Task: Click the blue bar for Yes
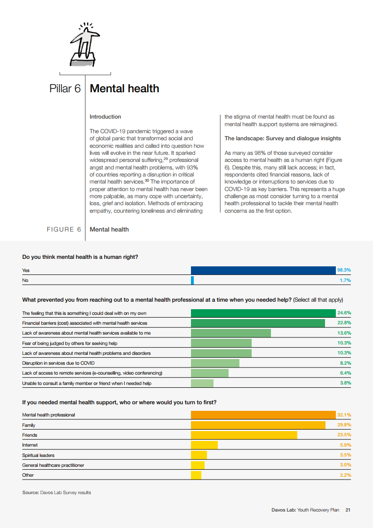(x=263, y=271)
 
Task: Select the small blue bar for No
(x=192, y=280)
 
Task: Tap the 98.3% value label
(x=344, y=271)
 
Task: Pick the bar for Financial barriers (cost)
(x=258, y=323)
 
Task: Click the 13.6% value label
(x=344, y=333)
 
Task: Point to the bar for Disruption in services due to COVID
(x=215, y=363)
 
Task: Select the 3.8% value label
(x=346, y=383)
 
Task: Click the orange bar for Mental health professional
(x=263, y=415)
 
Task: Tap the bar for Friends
(x=244, y=435)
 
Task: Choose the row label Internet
(x=30, y=445)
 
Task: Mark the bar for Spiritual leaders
(x=198, y=456)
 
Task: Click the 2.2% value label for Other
(x=346, y=475)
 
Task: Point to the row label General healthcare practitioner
(x=53, y=465)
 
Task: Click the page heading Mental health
(x=124, y=88)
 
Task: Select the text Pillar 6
(x=65, y=88)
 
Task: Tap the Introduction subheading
(x=105, y=117)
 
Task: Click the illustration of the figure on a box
(x=85, y=45)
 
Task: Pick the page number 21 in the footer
(x=348, y=510)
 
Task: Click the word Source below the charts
(x=30, y=493)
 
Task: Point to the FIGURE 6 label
(x=63, y=230)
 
